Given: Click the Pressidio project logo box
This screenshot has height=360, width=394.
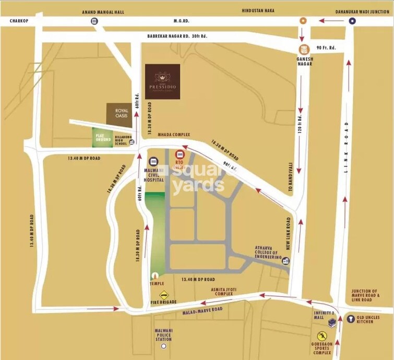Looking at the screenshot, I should [162, 81].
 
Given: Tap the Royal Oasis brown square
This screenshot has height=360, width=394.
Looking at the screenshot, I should [115, 113].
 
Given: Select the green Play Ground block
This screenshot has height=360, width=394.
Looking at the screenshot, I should [103, 137].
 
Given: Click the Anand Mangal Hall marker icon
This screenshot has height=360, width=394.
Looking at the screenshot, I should [94, 21].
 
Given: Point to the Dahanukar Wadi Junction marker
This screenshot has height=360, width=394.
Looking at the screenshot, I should [352, 21].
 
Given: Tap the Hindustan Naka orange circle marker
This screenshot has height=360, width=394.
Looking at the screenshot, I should [303, 21].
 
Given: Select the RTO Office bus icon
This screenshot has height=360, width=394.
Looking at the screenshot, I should [181, 155].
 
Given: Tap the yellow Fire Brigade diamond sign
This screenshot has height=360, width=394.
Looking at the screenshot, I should [164, 294].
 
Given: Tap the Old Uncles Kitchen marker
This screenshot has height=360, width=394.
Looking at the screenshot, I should [351, 317].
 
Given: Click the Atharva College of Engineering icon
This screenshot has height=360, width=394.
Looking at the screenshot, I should [285, 261].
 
